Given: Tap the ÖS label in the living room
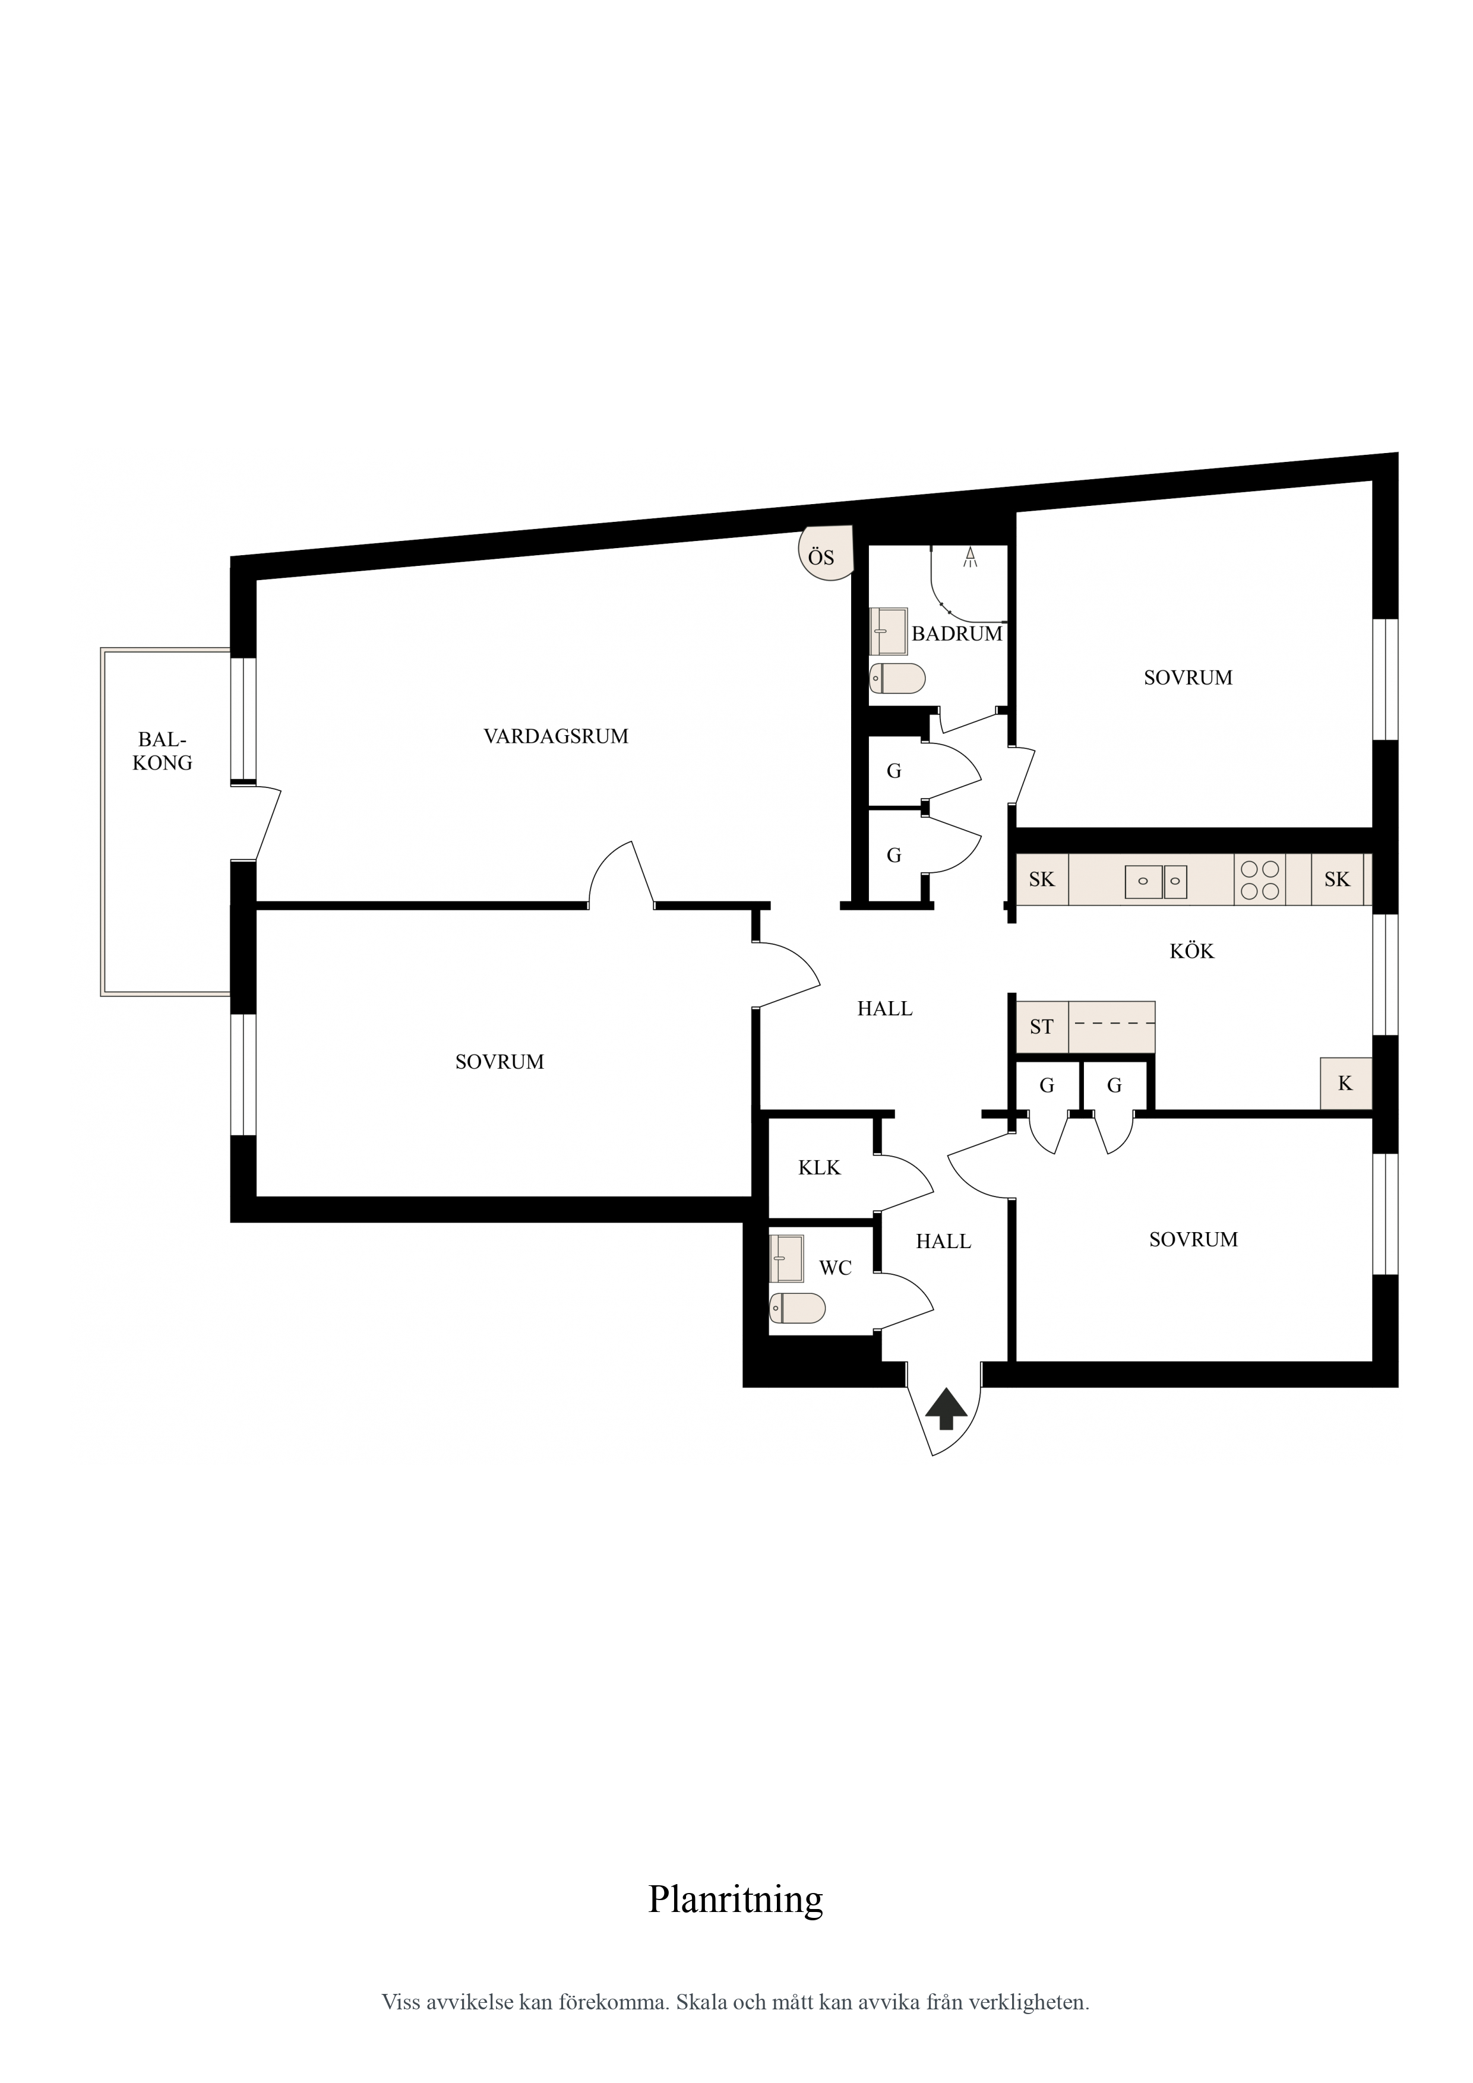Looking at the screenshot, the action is [821, 556].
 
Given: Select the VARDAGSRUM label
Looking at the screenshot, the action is [557, 736].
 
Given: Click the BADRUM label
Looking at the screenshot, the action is [957, 633].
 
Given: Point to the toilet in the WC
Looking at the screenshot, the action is [798, 1308].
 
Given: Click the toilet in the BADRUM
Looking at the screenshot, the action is [897, 678].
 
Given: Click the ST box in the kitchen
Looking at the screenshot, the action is [1042, 1027].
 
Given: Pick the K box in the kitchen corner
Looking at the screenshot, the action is [1346, 1083].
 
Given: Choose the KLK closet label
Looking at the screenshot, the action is [820, 1167].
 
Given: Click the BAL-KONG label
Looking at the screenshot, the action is [163, 751].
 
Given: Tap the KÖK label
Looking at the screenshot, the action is [1191, 951].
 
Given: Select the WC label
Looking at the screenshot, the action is [835, 1268].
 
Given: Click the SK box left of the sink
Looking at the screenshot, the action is [1042, 879].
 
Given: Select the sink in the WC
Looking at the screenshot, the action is [786, 1258].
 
